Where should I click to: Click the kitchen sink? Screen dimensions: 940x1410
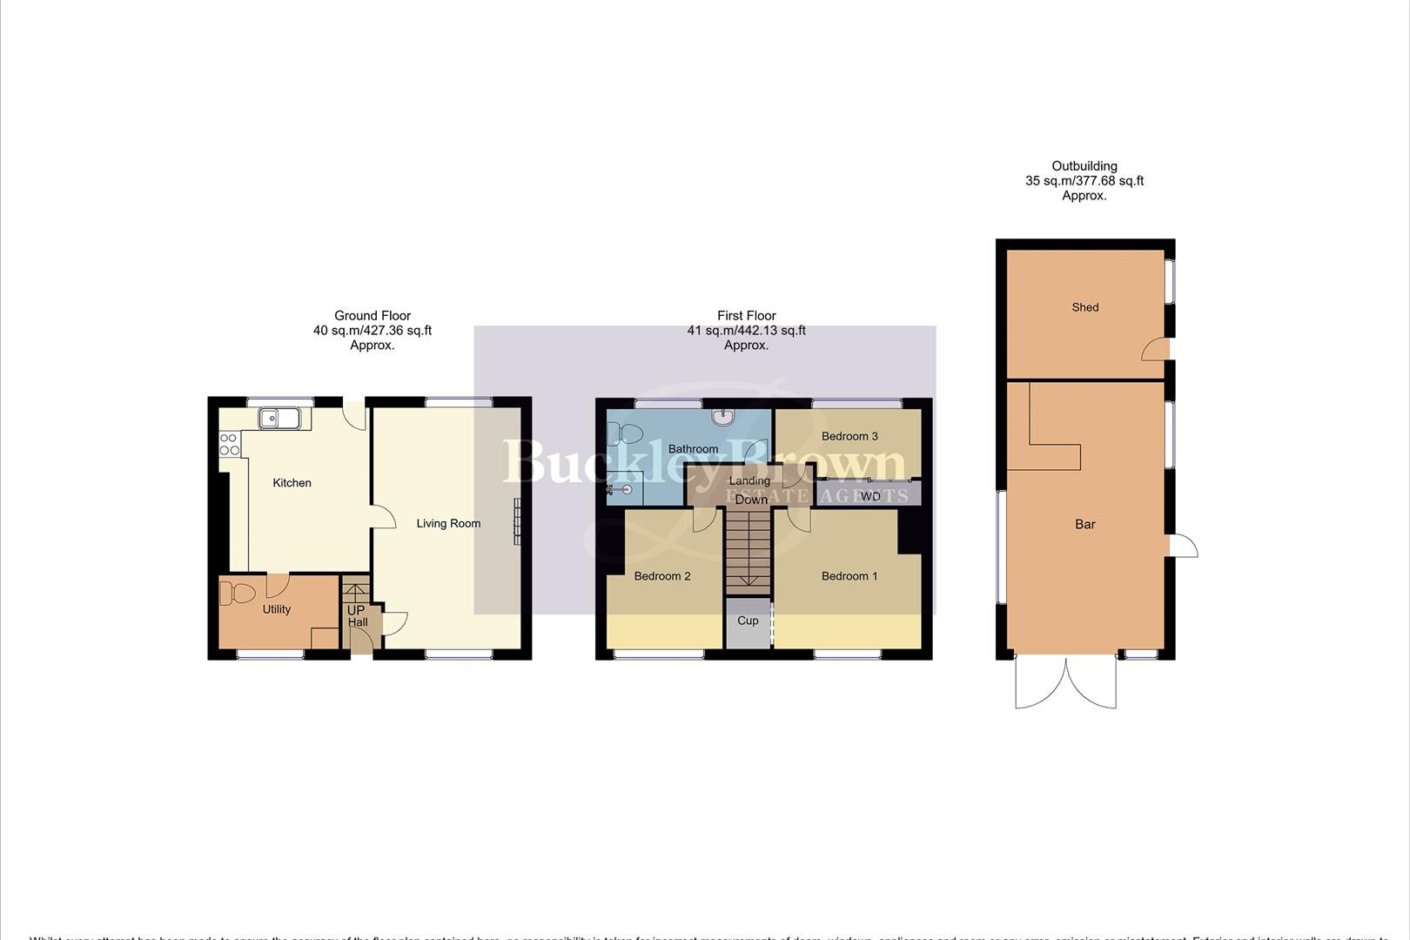[x=279, y=419]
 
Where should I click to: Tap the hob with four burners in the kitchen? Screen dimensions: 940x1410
[x=229, y=444]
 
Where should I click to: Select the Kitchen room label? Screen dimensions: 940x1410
[x=292, y=483]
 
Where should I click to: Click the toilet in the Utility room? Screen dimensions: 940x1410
[x=236, y=594]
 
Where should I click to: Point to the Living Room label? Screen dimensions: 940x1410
[x=448, y=524]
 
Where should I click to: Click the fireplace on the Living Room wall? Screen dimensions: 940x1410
[x=516, y=520]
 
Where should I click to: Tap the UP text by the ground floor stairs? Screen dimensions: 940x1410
[x=355, y=611]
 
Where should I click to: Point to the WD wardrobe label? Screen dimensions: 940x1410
[x=870, y=497]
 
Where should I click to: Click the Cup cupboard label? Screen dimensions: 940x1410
[x=748, y=621]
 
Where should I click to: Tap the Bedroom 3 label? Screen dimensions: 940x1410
[x=849, y=436]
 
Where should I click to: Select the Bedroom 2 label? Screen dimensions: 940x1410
[x=662, y=576]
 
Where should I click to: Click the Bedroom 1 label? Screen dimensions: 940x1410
[x=849, y=576]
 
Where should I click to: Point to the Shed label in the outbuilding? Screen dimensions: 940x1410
[x=1085, y=307]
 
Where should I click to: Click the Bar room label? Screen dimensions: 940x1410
[x=1084, y=524]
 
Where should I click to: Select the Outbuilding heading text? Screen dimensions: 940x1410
[x=1084, y=166]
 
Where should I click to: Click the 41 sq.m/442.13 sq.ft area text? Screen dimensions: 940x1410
[x=746, y=331]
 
